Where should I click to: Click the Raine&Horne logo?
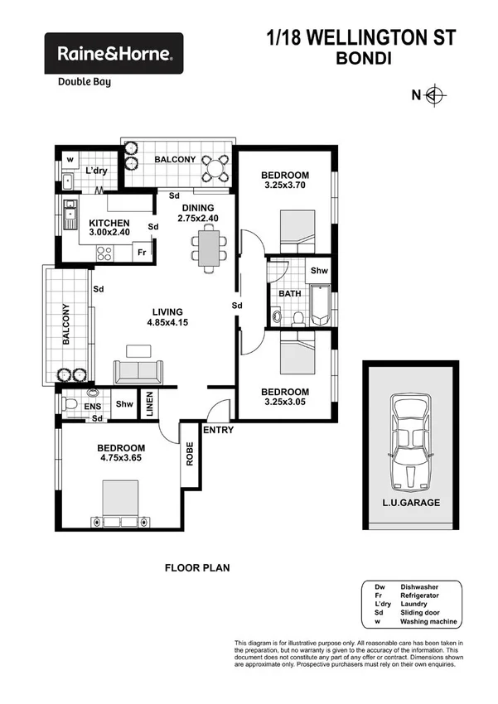point(114,54)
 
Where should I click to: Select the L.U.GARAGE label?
point(411,503)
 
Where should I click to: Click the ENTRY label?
point(218,430)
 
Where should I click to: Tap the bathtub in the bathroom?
point(320,305)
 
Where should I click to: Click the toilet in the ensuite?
point(70,403)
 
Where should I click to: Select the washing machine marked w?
point(70,159)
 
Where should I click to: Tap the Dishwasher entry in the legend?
point(423,586)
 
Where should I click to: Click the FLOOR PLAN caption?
point(197,568)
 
